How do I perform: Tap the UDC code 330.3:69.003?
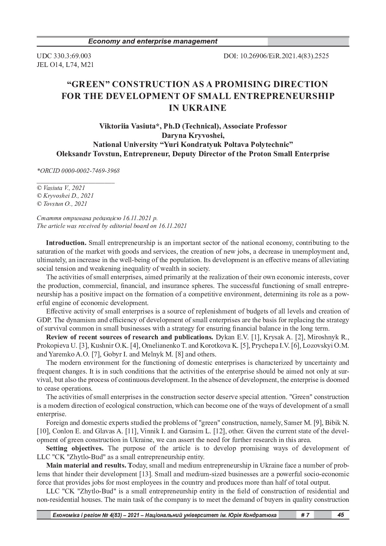coord(71,56)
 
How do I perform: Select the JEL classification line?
coord(65,65)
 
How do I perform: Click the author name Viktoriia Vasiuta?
coord(126,126)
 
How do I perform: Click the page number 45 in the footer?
coord(341,515)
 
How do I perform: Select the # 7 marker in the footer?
coord(305,515)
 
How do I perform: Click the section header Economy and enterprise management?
coord(153,41)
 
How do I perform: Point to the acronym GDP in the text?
coord(44,320)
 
